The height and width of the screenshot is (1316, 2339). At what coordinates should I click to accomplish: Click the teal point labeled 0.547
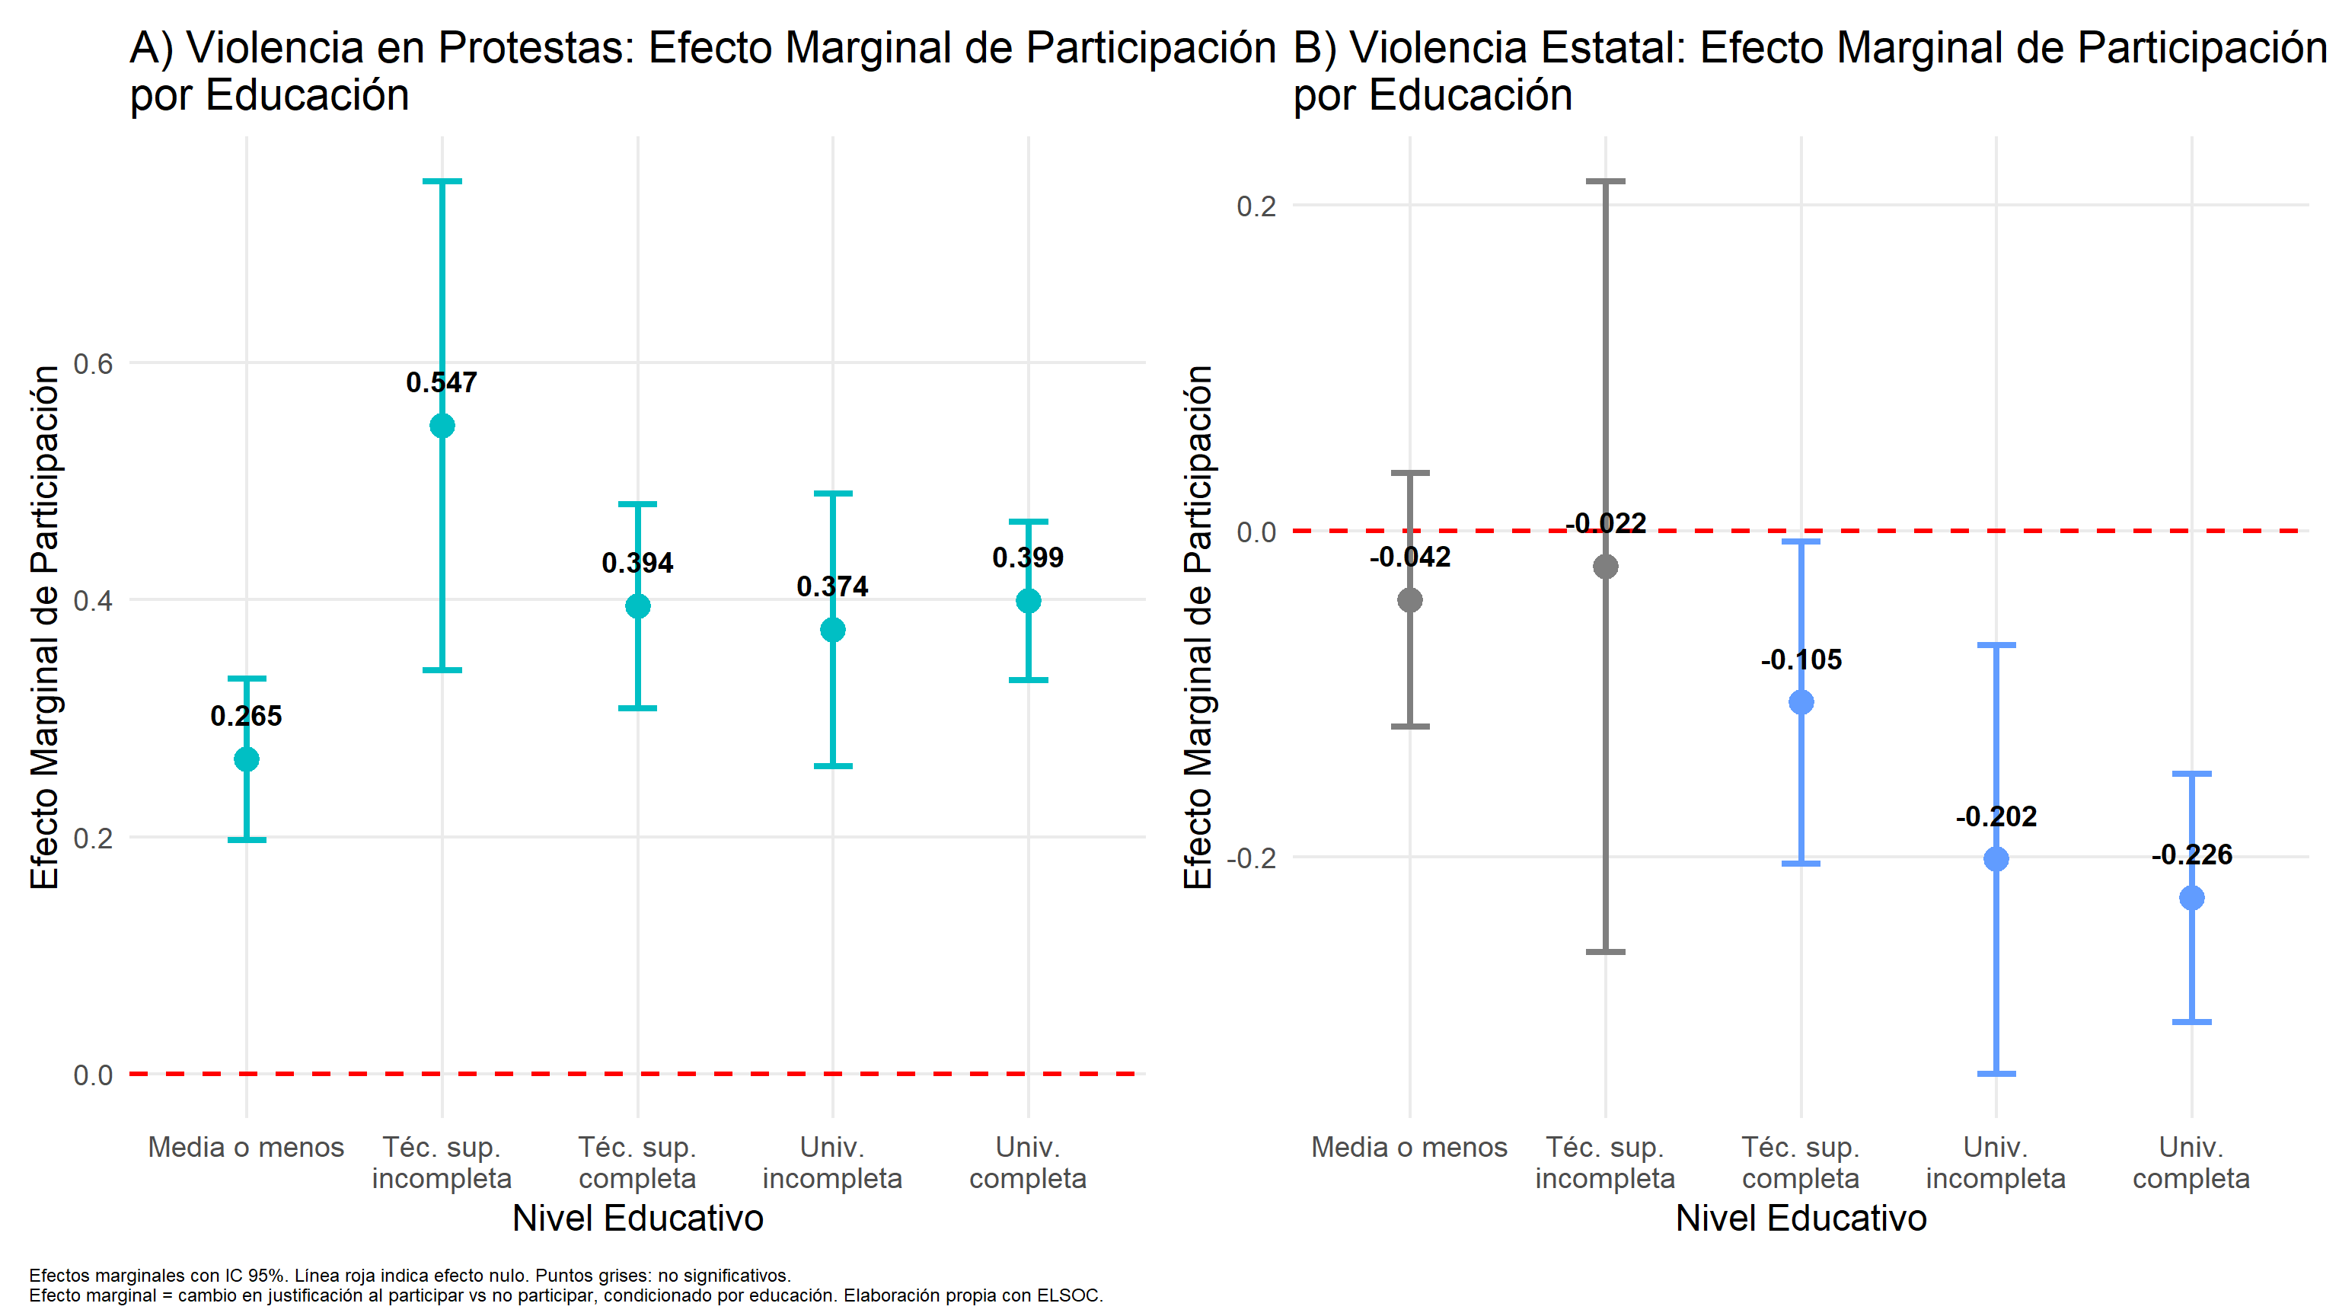click(x=442, y=426)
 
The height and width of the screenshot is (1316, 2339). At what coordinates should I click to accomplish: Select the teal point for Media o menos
click(x=246, y=759)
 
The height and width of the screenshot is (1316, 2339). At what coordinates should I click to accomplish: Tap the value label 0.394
click(x=637, y=563)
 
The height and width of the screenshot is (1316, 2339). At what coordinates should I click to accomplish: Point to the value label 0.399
click(x=1028, y=557)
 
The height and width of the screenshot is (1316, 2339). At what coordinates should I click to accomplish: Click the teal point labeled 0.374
click(x=833, y=629)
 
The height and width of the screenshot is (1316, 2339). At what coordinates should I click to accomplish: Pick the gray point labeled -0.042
click(x=1410, y=599)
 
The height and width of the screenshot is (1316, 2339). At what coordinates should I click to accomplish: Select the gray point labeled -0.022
click(x=1605, y=567)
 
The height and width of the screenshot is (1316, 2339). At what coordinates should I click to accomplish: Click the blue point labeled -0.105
click(x=1801, y=702)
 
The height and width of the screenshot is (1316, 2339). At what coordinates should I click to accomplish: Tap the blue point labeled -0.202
click(x=1996, y=859)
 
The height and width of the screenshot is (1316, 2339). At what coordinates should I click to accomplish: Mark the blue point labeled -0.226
click(x=2192, y=898)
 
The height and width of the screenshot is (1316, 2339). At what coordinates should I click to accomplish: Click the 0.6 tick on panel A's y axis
click(x=93, y=364)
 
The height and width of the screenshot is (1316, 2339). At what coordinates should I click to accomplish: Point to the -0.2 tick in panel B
click(x=1250, y=858)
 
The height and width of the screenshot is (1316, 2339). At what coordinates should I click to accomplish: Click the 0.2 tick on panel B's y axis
click(x=1256, y=206)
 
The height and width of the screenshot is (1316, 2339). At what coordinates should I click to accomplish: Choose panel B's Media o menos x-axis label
click(x=1409, y=1147)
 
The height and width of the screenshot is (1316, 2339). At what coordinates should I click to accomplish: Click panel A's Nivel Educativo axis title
click(x=637, y=1218)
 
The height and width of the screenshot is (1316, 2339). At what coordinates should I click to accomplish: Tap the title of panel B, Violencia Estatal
click(x=1807, y=71)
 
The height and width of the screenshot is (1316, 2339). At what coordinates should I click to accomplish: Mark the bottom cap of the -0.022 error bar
click(x=1605, y=952)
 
